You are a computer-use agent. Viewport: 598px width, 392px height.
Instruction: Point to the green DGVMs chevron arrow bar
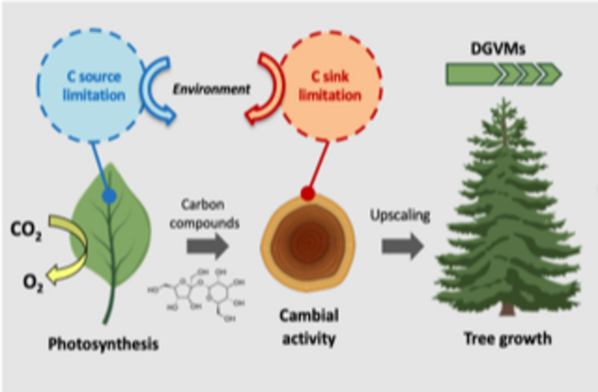(x=504, y=72)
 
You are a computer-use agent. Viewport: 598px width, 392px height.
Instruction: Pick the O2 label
(x=33, y=282)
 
